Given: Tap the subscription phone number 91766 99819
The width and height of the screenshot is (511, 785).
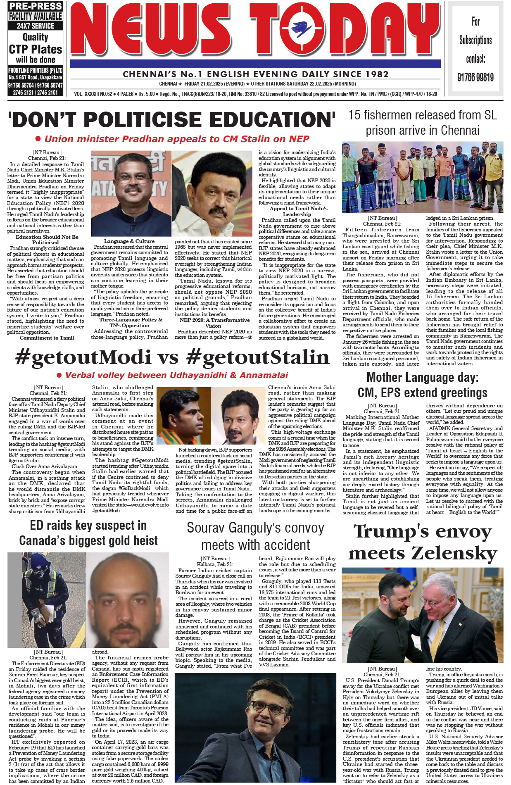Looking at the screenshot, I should pos(475,77).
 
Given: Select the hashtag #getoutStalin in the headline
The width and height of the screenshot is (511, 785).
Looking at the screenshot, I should pos(257,357).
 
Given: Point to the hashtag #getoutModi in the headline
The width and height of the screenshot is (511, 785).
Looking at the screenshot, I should pos(83,357).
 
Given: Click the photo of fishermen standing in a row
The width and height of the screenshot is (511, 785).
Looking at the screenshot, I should pos(422,177).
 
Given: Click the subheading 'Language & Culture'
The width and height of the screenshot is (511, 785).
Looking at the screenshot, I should pos(129,241).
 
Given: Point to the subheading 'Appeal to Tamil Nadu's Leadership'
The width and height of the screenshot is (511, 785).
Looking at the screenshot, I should pos(297,211).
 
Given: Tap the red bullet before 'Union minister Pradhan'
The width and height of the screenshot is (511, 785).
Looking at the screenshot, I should pos(38,139).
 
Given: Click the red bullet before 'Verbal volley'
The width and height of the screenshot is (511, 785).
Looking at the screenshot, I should pos(59,375).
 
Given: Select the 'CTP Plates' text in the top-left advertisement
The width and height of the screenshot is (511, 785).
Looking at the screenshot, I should pos(36,49).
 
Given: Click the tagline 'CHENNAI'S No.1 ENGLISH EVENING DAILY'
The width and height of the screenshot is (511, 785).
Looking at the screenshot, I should pos(255,74).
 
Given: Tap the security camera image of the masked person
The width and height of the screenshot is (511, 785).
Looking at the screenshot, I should pos(47,600).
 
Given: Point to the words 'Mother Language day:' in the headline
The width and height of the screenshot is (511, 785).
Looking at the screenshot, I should pos(422,377).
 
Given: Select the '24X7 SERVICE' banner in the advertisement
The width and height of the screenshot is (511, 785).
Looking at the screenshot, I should pos(36,26).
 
